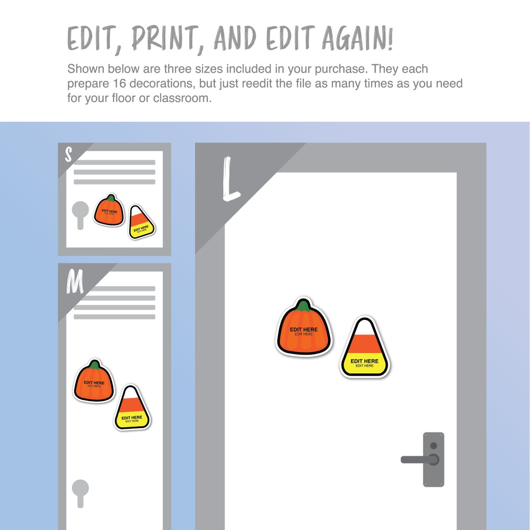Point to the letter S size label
click(x=68, y=155)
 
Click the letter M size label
click(x=74, y=281)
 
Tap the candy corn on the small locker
click(x=140, y=224)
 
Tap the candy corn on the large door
click(x=364, y=349)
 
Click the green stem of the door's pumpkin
click(x=304, y=305)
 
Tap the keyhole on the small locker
click(x=80, y=214)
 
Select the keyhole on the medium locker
click(x=80, y=492)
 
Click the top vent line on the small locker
click(x=114, y=162)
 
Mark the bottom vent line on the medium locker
click(x=114, y=317)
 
